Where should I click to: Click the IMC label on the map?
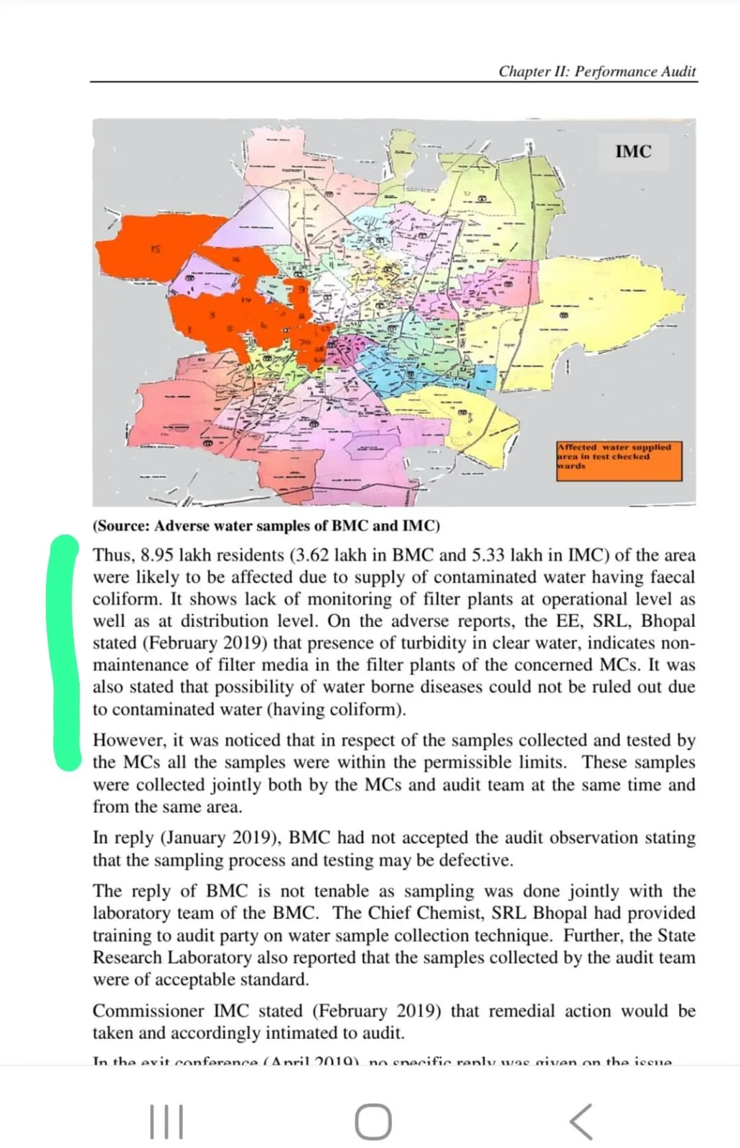[x=633, y=151]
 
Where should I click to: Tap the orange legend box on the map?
[x=619, y=461]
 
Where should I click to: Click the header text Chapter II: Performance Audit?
[x=597, y=71]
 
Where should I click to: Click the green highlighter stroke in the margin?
[x=66, y=653]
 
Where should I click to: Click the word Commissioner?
[x=148, y=1011]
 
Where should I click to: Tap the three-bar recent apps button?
[x=167, y=1121]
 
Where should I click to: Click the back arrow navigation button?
[x=581, y=1121]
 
